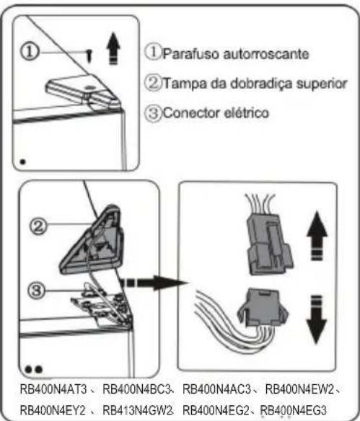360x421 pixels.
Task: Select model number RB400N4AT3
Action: coord(51,390)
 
